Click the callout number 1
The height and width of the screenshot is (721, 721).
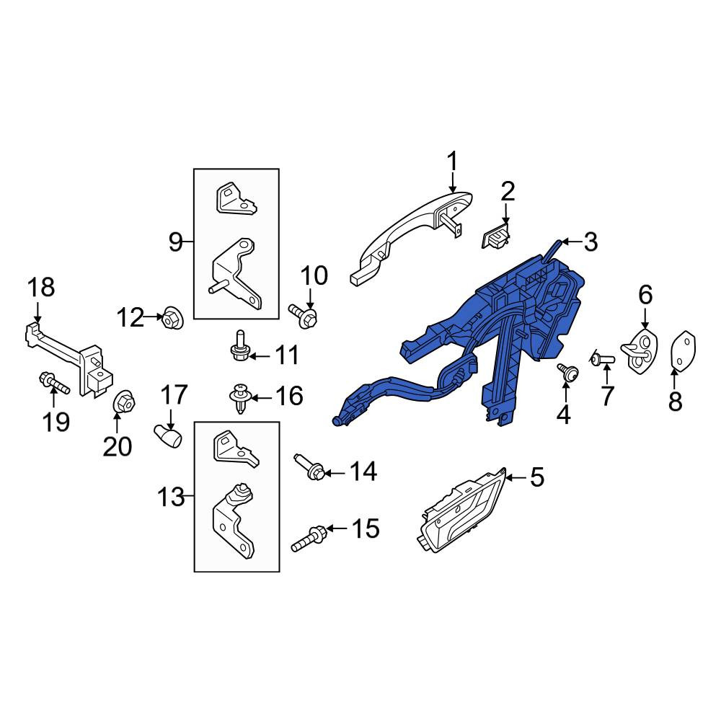click(453, 162)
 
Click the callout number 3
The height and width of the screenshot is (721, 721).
click(590, 242)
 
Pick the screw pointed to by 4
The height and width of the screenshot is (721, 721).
click(568, 372)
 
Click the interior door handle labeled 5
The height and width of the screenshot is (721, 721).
click(462, 510)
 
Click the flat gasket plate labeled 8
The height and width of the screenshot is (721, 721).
click(684, 350)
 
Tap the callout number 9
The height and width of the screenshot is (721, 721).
click(175, 242)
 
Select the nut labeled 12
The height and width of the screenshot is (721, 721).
click(173, 318)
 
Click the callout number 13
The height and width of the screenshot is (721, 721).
click(171, 497)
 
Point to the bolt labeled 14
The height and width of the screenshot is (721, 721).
click(309, 466)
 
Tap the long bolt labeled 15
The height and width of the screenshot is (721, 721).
click(308, 539)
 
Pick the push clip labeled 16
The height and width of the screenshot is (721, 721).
click(240, 398)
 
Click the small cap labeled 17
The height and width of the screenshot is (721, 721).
click(167, 436)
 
